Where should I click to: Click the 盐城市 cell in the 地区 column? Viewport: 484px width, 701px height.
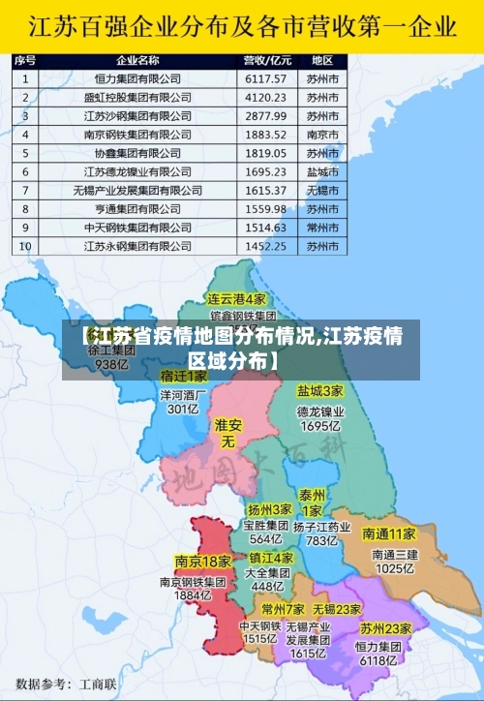pyautogui.click(x=322, y=171)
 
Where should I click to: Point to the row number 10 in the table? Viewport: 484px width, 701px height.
pyautogui.click(x=25, y=246)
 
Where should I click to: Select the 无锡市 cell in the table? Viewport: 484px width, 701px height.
pyautogui.click(x=322, y=190)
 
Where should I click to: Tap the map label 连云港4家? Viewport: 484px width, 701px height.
pyautogui.click(x=236, y=299)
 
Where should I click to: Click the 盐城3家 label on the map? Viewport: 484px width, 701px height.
pyautogui.click(x=320, y=392)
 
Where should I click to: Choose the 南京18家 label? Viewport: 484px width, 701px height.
pyautogui.click(x=202, y=562)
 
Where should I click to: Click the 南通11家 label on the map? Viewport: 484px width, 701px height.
pyautogui.click(x=389, y=534)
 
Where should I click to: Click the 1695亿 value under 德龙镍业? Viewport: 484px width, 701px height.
pyautogui.click(x=320, y=425)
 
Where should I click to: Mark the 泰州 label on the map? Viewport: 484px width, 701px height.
pyautogui.click(x=312, y=494)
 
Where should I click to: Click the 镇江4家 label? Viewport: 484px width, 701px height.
pyautogui.click(x=271, y=559)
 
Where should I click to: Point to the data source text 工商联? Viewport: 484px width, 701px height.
pyautogui.click(x=98, y=684)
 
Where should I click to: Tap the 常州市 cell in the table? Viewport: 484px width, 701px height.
pyautogui.click(x=322, y=228)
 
